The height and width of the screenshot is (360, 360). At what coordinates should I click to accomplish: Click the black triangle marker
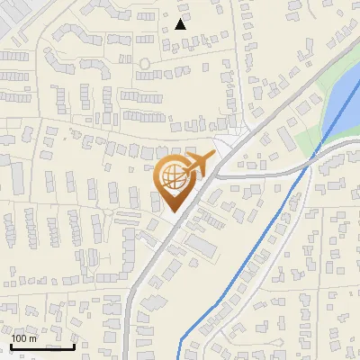(181, 24)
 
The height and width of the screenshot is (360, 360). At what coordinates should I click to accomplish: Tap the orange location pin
(174, 182)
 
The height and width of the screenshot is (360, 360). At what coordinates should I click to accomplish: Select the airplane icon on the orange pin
(197, 165)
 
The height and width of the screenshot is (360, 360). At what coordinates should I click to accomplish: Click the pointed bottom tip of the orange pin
(173, 211)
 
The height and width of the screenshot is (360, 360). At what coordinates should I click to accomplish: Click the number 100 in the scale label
(20, 338)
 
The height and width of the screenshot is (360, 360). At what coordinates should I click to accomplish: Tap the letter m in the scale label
(34, 338)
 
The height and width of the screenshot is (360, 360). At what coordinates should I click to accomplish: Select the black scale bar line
(42, 346)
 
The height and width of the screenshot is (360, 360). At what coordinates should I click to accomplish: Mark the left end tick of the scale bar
(11, 345)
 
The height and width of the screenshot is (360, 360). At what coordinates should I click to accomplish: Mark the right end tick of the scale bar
(74, 345)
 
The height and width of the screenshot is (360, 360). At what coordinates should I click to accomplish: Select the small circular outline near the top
(144, 65)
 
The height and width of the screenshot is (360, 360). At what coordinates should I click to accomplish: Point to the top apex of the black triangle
(181, 19)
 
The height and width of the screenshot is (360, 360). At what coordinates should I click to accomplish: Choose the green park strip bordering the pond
(310, 135)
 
